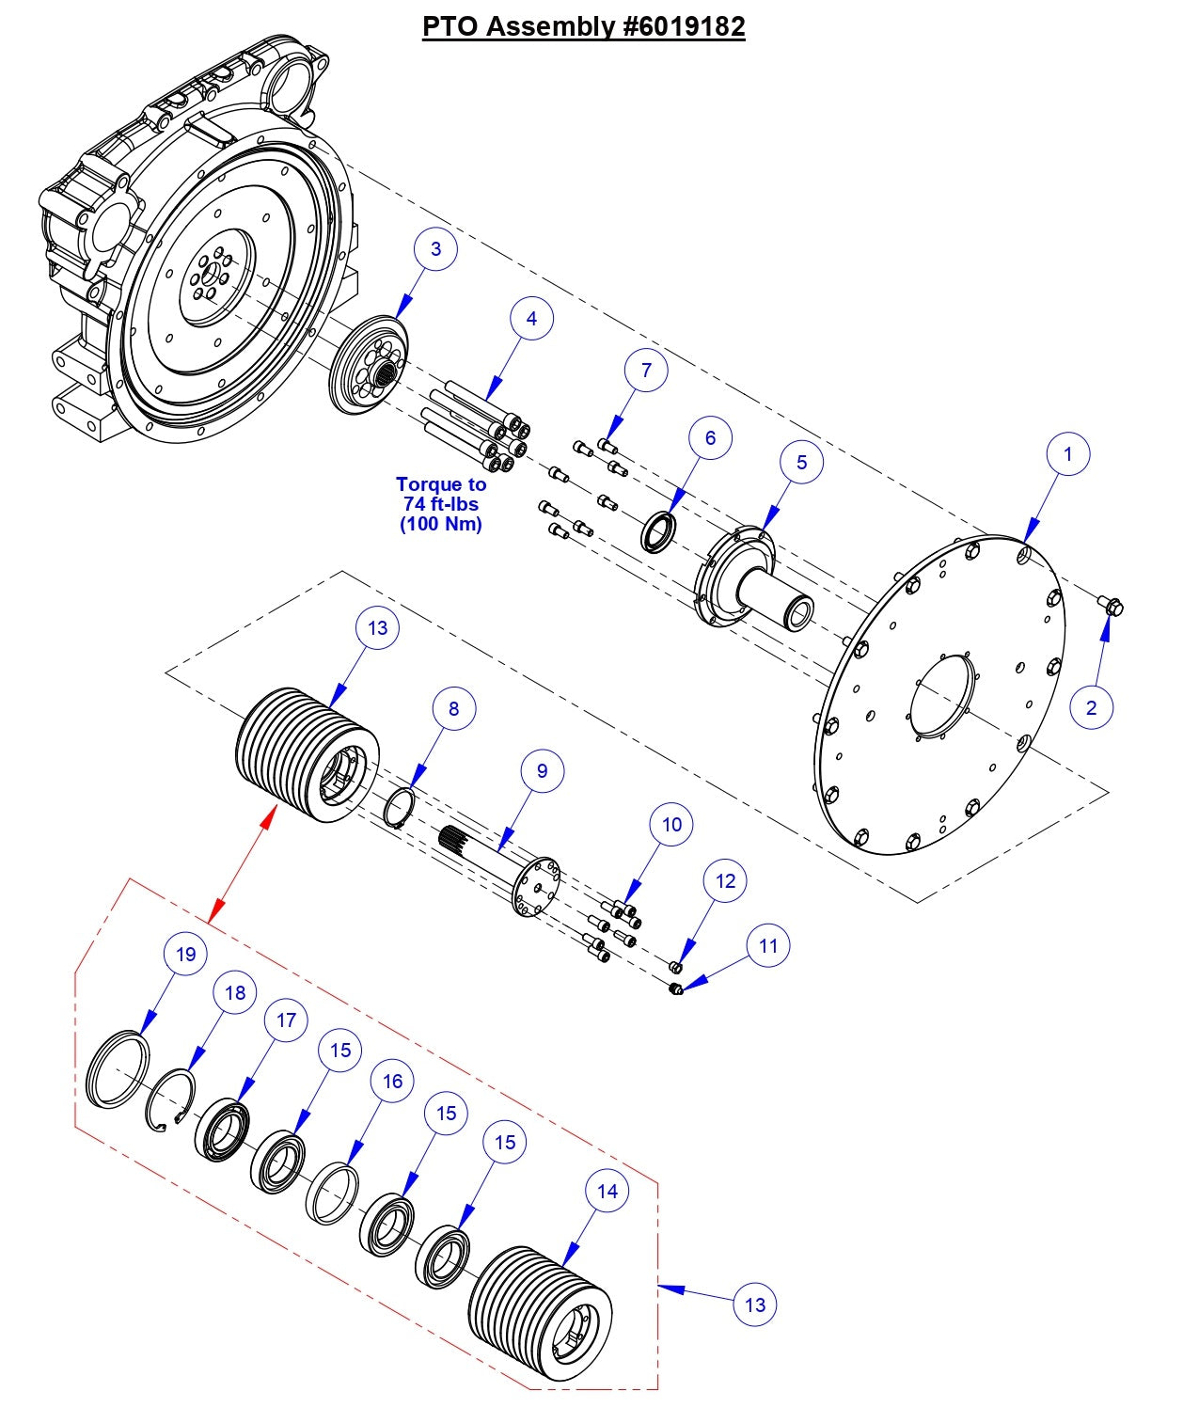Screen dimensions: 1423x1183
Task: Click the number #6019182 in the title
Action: [x=684, y=25]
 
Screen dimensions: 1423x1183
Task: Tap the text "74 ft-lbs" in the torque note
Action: [x=440, y=504]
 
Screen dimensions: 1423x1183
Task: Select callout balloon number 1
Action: [x=1067, y=454]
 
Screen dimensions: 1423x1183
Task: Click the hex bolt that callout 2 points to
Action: [x=1112, y=606]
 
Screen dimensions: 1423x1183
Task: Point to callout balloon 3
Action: [x=435, y=249]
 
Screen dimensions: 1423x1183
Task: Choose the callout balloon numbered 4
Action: [x=531, y=319]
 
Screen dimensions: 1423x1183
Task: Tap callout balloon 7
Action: [x=646, y=371]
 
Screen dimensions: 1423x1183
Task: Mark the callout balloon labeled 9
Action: [x=542, y=771]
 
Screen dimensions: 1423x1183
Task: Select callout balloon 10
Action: [x=671, y=825]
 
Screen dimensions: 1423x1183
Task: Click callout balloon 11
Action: [x=768, y=945]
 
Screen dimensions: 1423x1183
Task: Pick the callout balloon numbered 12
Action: [x=725, y=881]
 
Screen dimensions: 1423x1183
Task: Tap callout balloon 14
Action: [x=607, y=1191]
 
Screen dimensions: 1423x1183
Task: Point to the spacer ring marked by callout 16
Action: [x=333, y=1194]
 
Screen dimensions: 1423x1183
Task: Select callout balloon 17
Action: [x=287, y=1020]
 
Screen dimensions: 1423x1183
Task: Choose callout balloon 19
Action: [x=186, y=954]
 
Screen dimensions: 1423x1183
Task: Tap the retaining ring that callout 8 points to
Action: [x=402, y=807]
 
